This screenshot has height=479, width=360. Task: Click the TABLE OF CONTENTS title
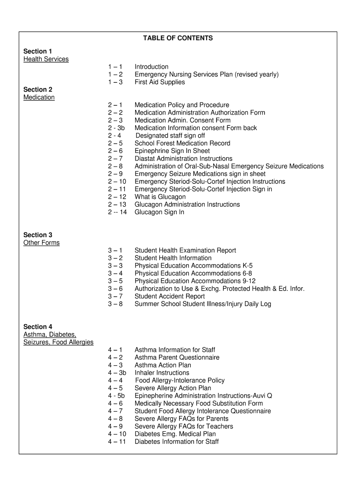click(x=178, y=38)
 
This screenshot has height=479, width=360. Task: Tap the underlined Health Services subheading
click(x=46, y=59)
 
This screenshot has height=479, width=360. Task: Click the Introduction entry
click(x=151, y=67)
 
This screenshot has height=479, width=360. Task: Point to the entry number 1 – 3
click(x=115, y=82)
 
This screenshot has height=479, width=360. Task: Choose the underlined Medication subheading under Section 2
click(x=39, y=97)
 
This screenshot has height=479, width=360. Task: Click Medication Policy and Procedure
click(x=182, y=105)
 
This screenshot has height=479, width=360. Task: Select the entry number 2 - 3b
click(x=116, y=128)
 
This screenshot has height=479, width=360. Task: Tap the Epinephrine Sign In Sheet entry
click(x=172, y=151)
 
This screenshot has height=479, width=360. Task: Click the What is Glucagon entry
click(x=160, y=197)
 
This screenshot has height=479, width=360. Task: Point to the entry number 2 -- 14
click(x=117, y=212)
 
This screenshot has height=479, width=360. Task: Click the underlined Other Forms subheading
click(x=42, y=243)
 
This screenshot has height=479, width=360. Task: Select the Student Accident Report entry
click(x=170, y=297)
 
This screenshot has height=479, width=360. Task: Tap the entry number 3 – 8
click(x=115, y=304)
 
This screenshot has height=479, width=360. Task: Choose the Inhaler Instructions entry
click(x=162, y=373)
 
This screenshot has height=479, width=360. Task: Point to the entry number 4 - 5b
click(x=116, y=396)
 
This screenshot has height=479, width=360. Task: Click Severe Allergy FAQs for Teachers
click(x=184, y=427)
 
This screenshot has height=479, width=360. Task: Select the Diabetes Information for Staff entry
click(x=176, y=442)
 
